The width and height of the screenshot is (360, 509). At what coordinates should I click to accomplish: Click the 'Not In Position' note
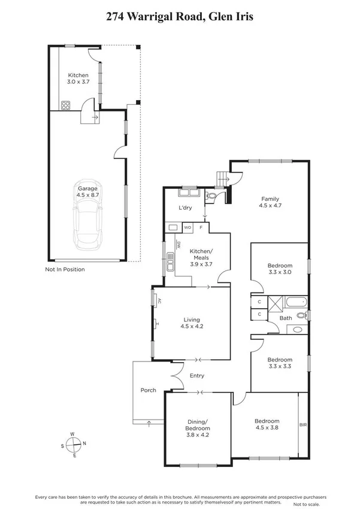(65, 269)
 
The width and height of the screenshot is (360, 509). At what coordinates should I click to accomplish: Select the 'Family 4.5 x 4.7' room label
(270, 202)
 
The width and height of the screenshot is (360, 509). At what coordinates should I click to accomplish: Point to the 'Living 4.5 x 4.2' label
(192, 323)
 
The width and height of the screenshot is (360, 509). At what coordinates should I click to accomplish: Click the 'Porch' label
(148, 390)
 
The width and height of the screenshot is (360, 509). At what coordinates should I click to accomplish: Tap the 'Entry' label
(196, 376)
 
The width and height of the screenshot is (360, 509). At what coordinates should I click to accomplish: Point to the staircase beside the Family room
(222, 178)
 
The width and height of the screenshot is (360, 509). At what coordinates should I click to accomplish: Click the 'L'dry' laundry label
(185, 208)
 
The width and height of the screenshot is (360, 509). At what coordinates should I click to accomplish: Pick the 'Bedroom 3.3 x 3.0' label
(280, 269)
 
